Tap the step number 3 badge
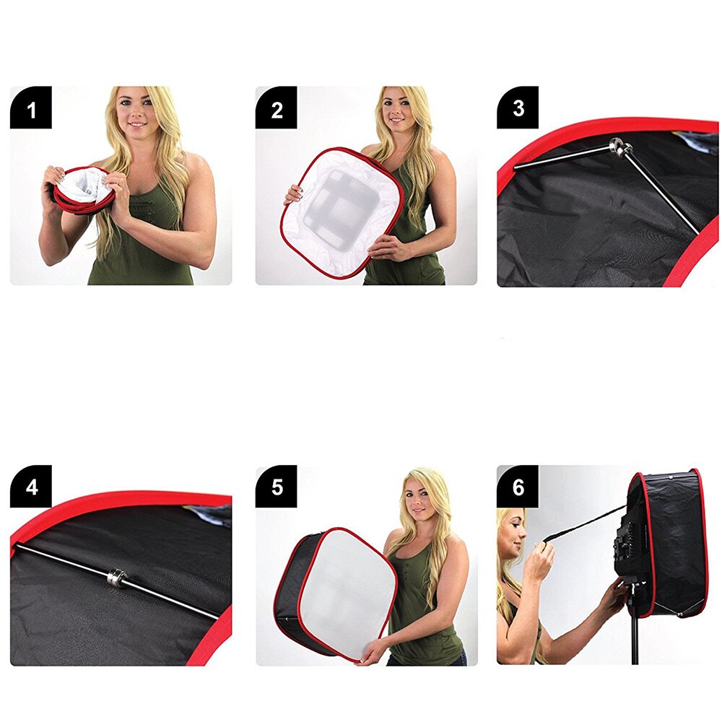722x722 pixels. [x=518, y=108]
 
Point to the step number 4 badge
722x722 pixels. [x=31, y=487]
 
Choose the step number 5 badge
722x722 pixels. [x=277, y=487]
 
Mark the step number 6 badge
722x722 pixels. [x=518, y=487]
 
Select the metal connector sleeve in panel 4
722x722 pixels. [x=118, y=578]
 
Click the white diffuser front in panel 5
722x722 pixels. [x=347, y=592]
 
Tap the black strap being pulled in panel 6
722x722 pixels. [x=585, y=523]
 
